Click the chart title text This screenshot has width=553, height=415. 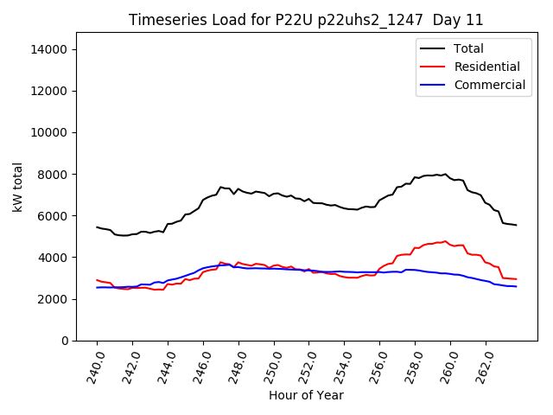coord(306,20)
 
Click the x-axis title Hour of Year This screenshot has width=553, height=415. coord(306,395)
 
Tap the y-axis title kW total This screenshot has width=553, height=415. coord(17,187)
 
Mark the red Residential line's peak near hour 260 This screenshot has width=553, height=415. coord(445,241)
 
